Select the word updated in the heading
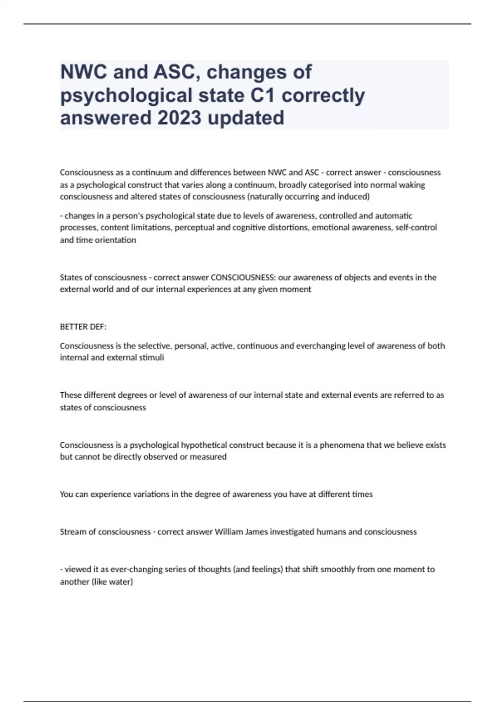[246, 118]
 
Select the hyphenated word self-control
[416, 228]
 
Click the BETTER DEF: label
[83, 327]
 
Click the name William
[229, 532]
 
